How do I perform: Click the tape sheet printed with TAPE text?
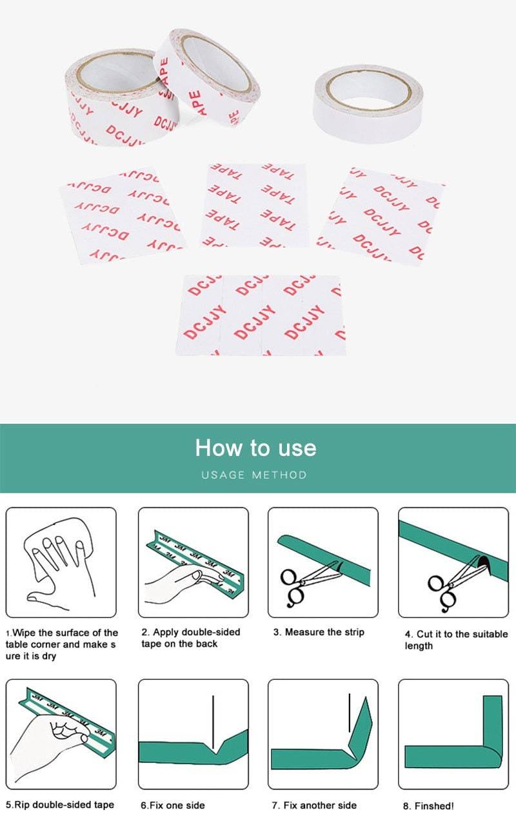tap(255, 204)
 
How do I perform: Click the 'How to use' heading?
tap(255, 448)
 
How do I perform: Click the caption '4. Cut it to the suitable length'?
tap(456, 640)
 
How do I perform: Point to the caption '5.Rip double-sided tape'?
tap(60, 804)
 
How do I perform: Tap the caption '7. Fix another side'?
tap(314, 805)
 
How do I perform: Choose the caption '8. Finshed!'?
tap(428, 805)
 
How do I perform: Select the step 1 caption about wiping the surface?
tap(61, 644)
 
